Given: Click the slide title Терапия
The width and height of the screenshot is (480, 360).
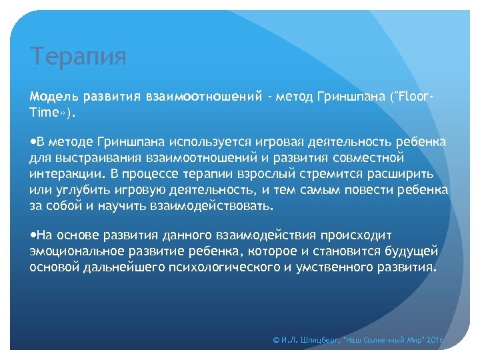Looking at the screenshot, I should [78, 57].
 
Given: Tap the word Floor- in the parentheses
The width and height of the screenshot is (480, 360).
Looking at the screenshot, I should [416, 98].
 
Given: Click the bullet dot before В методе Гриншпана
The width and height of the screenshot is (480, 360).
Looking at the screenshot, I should [33, 143].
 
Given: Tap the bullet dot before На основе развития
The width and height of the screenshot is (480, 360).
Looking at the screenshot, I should [33, 235].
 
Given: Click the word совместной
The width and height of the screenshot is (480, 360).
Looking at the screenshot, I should [367, 158].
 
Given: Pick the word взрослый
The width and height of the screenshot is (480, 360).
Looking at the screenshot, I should [250, 173].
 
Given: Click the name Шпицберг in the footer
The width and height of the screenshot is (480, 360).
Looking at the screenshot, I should [317, 340].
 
